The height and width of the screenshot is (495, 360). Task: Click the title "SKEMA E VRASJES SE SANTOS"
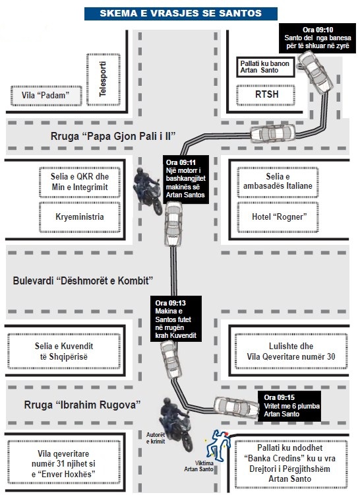tap(181, 13)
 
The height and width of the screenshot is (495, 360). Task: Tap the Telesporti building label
tap(103, 79)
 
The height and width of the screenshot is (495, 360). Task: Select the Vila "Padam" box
tap(46, 95)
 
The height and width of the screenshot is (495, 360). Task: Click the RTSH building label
tap(266, 94)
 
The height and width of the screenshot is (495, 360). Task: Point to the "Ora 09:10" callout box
tap(317, 38)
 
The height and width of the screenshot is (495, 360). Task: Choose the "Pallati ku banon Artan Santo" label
tap(266, 67)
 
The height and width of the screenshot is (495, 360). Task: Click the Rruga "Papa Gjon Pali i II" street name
tap(113, 136)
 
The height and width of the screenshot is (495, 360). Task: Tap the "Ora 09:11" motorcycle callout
tap(186, 179)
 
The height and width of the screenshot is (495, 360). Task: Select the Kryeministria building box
tap(80, 217)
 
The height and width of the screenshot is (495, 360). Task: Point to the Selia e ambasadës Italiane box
tap(278, 181)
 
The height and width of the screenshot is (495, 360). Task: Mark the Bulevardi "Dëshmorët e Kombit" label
tap(83, 280)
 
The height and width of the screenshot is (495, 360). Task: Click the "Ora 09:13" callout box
tap(176, 319)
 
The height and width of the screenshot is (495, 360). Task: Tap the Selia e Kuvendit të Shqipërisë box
tap(64, 351)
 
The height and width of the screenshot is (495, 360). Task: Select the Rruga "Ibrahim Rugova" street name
tap(82, 405)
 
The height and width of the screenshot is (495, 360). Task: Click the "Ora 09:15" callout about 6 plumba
tap(289, 406)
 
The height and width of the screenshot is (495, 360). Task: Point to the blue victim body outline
tap(218, 444)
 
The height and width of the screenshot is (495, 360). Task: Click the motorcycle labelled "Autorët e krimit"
tap(176, 424)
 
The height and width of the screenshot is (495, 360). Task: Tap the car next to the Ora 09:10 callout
tap(315, 73)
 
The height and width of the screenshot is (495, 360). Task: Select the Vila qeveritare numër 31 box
tap(64, 463)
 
